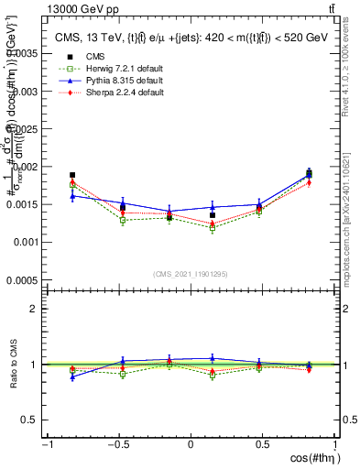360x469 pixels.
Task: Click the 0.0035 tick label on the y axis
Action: point(25,54)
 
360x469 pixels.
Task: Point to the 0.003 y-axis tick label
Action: point(27,92)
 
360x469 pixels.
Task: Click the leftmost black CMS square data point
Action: point(72,175)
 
